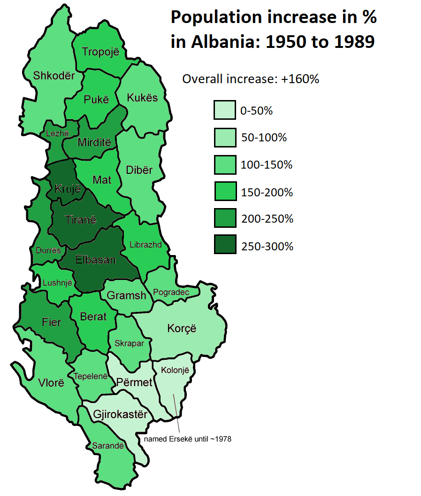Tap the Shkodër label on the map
click(x=54, y=75)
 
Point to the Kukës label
click(x=143, y=98)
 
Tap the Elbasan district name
click(x=95, y=259)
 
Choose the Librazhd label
click(x=145, y=245)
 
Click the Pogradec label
click(x=171, y=292)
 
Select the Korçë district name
click(x=181, y=328)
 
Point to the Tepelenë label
click(x=91, y=376)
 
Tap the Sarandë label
click(x=108, y=446)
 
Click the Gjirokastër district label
click(x=120, y=415)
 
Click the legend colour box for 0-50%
click(x=224, y=111)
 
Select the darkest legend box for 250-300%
click(x=224, y=246)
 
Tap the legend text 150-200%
click(x=267, y=192)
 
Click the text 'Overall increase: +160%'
click(x=250, y=79)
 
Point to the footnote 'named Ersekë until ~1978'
click(x=188, y=439)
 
